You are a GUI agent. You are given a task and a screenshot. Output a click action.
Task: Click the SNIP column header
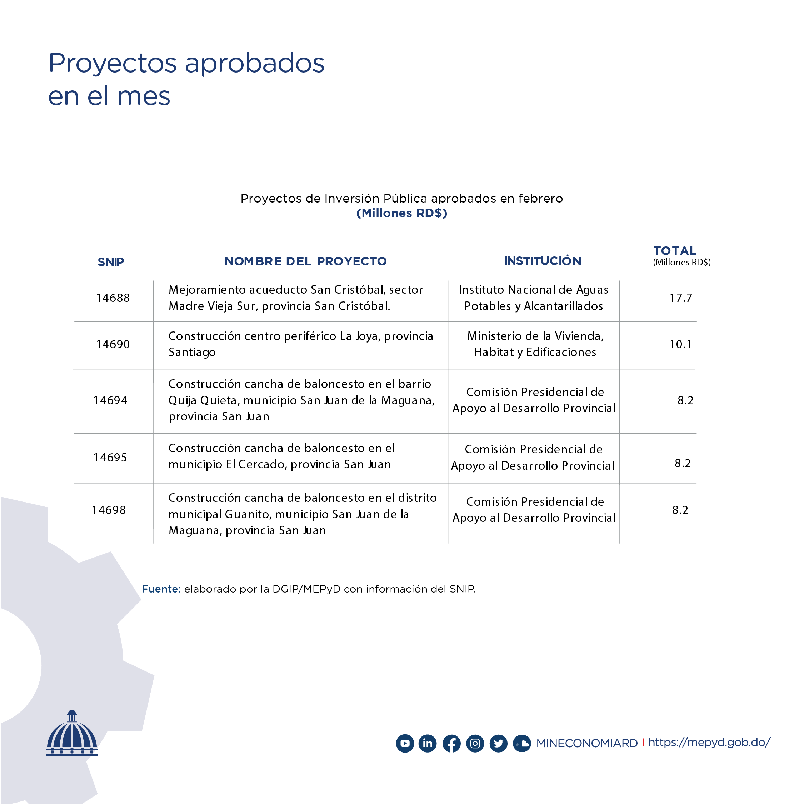pos(111,262)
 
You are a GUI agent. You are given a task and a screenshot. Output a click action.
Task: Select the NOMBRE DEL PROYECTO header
pos(305,261)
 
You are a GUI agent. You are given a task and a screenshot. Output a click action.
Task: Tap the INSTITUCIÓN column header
pos(543,261)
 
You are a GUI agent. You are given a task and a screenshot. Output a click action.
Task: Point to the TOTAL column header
pos(675,251)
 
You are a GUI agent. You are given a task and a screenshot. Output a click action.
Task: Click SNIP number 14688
pos(113,298)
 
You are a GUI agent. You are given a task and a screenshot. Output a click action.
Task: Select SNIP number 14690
pos(113,344)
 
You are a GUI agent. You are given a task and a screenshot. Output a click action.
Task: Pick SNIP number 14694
pos(110,400)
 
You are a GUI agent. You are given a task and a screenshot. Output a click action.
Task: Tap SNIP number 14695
pos(110,457)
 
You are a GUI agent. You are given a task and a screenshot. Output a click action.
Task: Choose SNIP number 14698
pos(109,510)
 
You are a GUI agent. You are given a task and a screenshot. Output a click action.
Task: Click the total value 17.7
pos(681,298)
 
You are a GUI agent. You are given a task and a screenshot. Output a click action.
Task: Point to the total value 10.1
pos(681,344)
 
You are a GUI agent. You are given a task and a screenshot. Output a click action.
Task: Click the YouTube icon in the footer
pos(405,743)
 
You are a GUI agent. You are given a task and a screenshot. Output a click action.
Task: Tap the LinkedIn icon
pos(428,743)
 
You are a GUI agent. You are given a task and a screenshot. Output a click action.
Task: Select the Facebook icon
pos(451,743)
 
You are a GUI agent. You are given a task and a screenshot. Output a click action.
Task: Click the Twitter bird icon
pos(498,743)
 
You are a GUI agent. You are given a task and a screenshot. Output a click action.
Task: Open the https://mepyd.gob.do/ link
pos(709,743)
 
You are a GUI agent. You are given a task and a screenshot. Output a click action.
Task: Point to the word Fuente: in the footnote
pos(161,589)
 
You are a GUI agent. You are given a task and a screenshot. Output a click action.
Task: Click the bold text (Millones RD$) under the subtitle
pos(401,213)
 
